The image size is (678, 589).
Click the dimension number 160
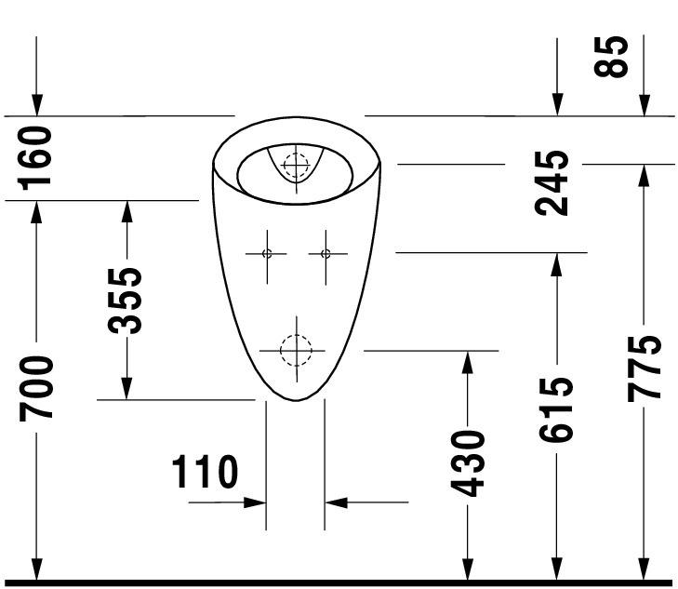click(34, 158)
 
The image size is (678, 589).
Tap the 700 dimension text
click(36, 388)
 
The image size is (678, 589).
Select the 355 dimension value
click(125, 301)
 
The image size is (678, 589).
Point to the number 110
click(205, 472)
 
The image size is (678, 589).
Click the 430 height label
click(468, 463)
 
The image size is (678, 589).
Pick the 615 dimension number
click(556, 410)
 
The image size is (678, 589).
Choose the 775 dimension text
click(645, 368)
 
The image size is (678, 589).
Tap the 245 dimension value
click(552, 183)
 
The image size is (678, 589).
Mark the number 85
click(611, 57)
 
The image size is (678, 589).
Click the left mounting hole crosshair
click(267, 254)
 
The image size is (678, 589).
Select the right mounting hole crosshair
click(326, 254)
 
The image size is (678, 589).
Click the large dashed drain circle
click(296, 351)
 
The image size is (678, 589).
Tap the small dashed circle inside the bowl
click(296, 165)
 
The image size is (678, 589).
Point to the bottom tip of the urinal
click(296, 401)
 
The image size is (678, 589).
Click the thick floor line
click(339, 583)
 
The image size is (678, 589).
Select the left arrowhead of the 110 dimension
click(255, 502)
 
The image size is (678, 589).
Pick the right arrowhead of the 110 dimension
click(336, 502)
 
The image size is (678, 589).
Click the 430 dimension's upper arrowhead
click(468, 362)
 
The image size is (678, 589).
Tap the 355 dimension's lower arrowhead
click(126, 388)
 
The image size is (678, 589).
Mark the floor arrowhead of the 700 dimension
click(37, 569)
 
